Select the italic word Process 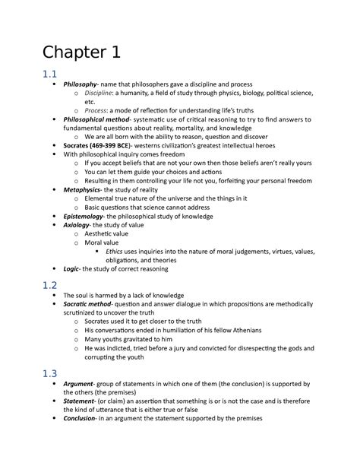(x=97, y=131)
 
